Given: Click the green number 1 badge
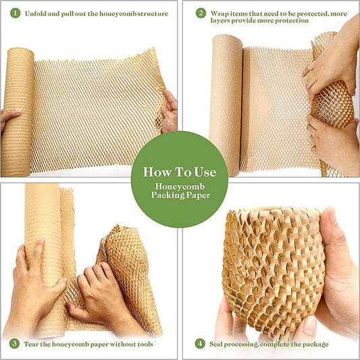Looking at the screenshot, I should click(x=14, y=13).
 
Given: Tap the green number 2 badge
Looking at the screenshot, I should click(x=201, y=13).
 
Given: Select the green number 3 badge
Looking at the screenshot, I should click(x=14, y=344).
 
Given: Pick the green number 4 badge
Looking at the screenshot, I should click(x=200, y=344).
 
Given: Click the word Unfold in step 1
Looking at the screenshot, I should click(x=36, y=13).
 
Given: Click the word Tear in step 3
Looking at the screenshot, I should click(x=34, y=344).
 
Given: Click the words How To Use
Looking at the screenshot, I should click(x=179, y=172).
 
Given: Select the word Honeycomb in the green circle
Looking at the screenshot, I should click(x=179, y=186).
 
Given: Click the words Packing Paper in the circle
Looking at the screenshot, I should click(x=179, y=196).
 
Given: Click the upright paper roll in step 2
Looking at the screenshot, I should click(x=226, y=101).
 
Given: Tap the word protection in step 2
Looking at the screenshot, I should click(x=291, y=21).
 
